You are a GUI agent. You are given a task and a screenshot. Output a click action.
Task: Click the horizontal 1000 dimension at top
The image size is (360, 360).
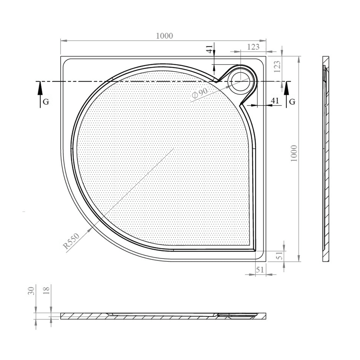164,36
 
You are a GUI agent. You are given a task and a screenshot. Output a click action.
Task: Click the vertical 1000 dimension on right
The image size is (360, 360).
294,153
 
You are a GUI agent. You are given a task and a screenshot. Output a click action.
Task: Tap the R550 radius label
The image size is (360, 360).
71,241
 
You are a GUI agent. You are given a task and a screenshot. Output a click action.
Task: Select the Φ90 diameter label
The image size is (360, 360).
200,93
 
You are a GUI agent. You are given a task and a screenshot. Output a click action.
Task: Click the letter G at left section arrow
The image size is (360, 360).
46,102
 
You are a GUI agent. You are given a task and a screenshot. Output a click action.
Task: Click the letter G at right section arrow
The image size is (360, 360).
292,102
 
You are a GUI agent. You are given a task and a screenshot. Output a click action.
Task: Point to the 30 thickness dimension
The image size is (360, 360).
31,291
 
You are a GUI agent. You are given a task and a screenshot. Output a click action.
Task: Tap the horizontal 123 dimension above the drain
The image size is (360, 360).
253,47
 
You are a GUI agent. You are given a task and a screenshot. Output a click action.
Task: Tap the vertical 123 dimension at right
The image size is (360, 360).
277,67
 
